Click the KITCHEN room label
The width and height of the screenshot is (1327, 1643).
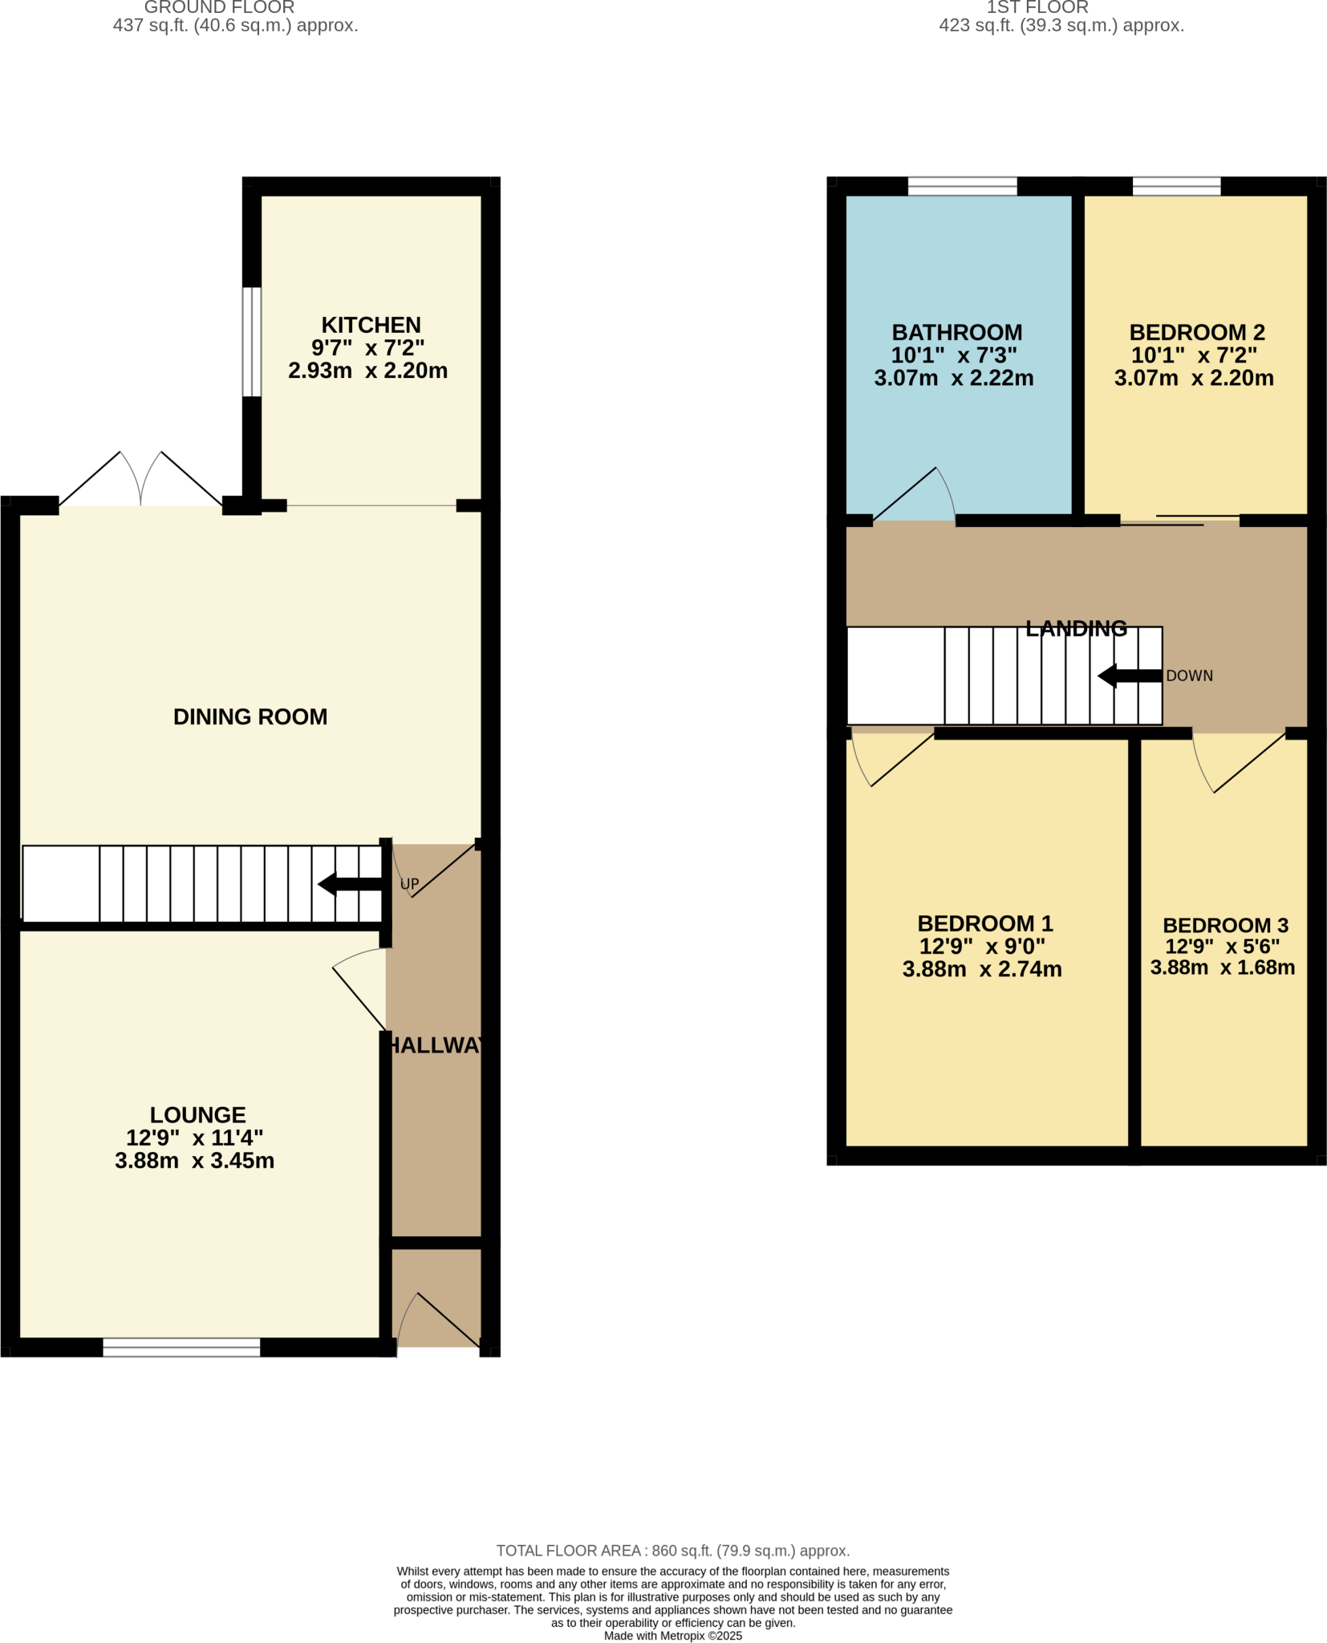pos(371,325)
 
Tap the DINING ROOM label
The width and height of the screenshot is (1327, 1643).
pos(250,716)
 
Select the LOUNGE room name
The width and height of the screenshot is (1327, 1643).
pos(197,1114)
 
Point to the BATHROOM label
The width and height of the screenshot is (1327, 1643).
pos(956,332)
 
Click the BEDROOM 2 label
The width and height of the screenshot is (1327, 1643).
pos(1196,332)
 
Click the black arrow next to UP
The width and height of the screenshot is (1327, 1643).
pos(350,884)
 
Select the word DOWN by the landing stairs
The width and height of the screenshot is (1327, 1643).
pos(1189,675)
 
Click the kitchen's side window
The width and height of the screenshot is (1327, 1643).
pos(251,341)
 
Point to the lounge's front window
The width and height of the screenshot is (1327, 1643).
pos(181,1347)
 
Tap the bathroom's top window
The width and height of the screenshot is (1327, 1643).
pos(962,187)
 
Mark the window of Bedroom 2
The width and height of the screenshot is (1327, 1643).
pos(1176,187)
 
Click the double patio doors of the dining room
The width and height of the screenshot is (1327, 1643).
pos(140,481)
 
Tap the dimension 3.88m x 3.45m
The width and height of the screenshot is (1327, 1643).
pos(194,1161)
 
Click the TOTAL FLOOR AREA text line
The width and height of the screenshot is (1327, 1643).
pos(672,1551)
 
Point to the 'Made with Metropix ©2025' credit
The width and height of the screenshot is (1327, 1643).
pos(672,1635)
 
